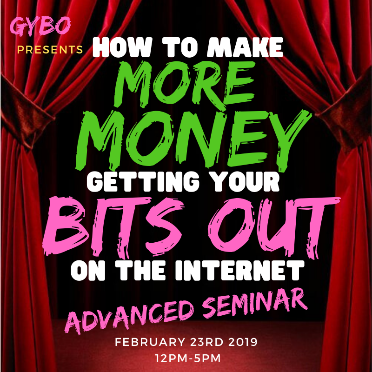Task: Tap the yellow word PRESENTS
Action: point(50,50)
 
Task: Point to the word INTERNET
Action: point(239,271)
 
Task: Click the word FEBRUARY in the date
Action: point(150,342)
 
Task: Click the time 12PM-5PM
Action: point(188,358)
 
